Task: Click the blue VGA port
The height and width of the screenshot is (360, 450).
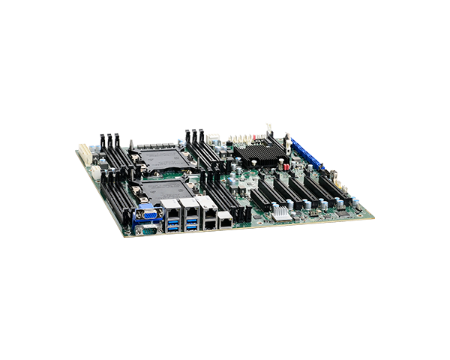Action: [x=146, y=213]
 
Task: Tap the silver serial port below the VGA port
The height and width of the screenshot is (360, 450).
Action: [x=148, y=229]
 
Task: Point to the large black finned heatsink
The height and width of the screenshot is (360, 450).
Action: [x=259, y=154]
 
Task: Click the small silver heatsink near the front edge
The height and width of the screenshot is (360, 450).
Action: [x=280, y=212]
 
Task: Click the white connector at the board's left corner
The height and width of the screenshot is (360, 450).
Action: [x=84, y=154]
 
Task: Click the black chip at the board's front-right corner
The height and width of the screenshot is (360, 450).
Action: [x=341, y=211]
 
